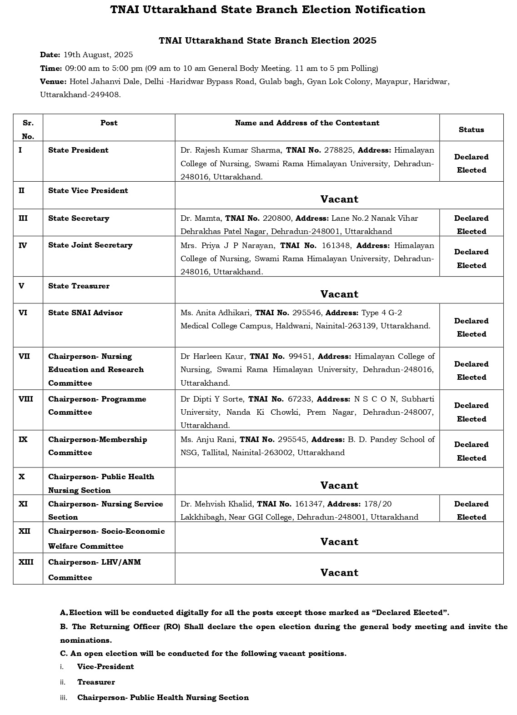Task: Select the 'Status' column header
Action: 471,129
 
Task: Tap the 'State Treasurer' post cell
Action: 79,286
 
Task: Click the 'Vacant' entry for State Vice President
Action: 339,199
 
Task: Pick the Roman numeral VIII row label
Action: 25,399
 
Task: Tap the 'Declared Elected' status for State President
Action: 471,163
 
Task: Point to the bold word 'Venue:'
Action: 53,81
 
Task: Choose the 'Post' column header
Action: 109,123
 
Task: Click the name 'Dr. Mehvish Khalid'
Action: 216,504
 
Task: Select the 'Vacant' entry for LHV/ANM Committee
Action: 339,572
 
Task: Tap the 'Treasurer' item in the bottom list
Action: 96,682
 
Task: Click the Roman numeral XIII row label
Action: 26,562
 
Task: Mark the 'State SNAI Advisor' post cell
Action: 85,313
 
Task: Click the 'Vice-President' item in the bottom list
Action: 105,666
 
